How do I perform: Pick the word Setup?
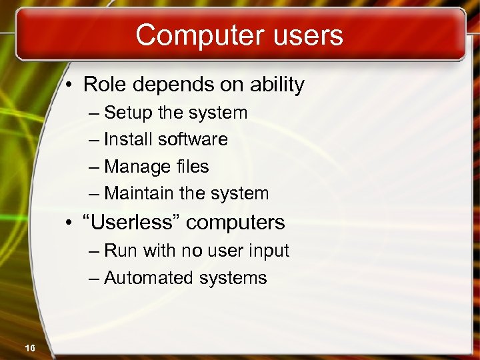click(129, 113)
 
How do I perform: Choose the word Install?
click(129, 139)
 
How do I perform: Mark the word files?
click(191, 166)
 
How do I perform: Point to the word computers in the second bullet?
click(235, 223)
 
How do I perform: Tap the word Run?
click(120, 251)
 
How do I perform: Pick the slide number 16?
click(29, 348)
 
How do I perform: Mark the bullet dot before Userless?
click(69, 223)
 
